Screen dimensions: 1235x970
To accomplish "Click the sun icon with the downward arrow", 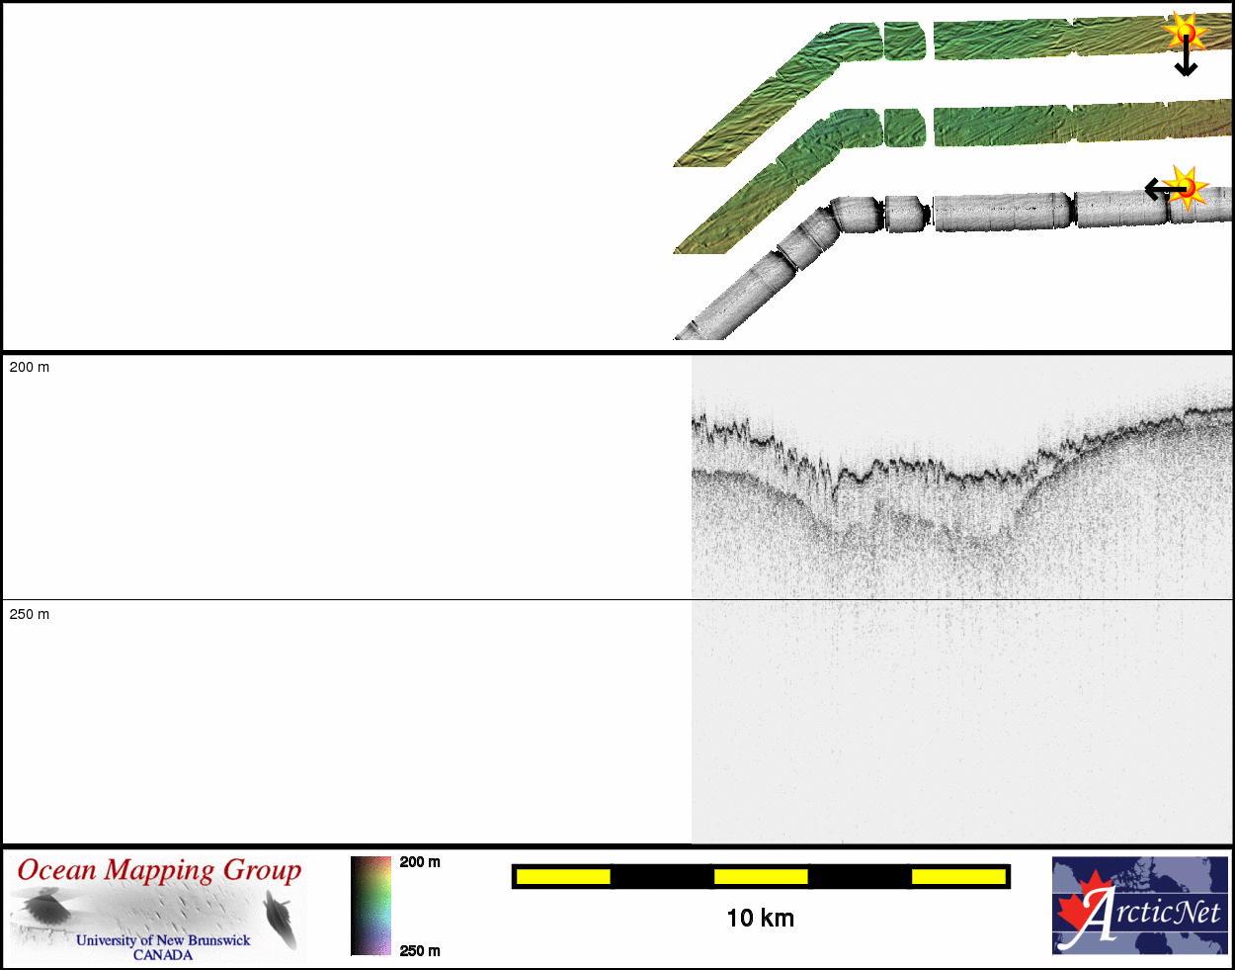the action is pos(1185,32).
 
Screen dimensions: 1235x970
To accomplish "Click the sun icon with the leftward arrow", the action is pos(1187,187).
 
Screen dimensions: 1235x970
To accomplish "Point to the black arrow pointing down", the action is pos(1186,55).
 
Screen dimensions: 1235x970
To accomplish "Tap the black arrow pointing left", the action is pos(1165,189).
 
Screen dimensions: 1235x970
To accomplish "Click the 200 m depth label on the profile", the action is pos(29,367).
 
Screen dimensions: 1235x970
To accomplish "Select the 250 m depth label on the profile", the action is pos(29,614).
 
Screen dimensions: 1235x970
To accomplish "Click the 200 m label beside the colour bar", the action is pos(420,862).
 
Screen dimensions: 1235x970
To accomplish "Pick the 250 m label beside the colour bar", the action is pos(420,950).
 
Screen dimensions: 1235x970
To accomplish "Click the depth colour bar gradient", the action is pos(370,906).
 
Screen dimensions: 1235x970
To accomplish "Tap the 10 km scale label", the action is pos(761,919).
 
